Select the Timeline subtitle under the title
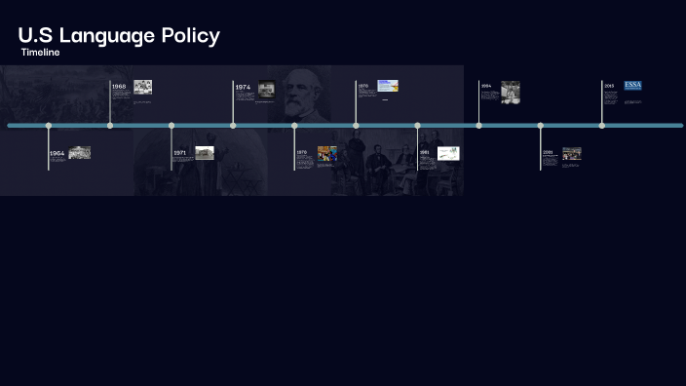[x=40, y=53]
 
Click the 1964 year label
[x=57, y=153]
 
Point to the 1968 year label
[x=119, y=87]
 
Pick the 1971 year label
[x=180, y=153]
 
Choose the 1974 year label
[x=243, y=88]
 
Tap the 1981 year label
[x=425, y=152]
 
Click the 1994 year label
[x=485, y=86]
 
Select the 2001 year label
[x=548, y=152]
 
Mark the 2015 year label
[x=609, y=86]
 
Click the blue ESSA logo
[x=633, y=86]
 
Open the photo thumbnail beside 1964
[x=80, y=152]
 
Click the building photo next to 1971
[x=205, y=152]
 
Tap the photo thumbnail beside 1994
[x=511, y=92]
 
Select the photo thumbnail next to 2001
[x=572, y=153]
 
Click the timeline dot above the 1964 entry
[x=49, y=126]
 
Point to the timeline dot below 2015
[x=602, y=126]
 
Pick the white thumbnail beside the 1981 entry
[x=448, y=153]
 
